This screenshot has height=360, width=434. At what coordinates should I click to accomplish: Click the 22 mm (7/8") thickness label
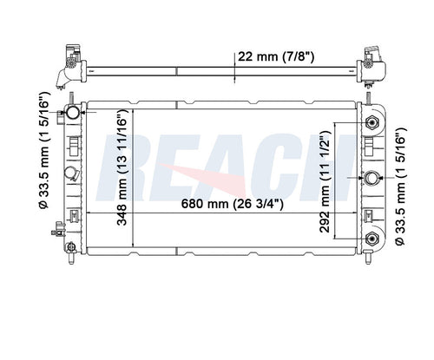[275, 56]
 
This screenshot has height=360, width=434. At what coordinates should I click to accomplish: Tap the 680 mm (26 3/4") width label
[233, 204]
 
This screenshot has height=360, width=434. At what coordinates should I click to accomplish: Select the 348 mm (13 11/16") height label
[122, 167]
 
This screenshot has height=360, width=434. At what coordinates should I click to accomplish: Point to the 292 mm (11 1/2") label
[325, 181]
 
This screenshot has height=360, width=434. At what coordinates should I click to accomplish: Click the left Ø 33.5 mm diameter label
[44, 150]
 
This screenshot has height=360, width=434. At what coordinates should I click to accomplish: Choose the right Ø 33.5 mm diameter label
[401, 187]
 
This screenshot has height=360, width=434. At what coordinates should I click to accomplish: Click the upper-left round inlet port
[73, 112]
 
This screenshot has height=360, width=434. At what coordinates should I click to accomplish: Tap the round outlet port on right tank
[372, 178]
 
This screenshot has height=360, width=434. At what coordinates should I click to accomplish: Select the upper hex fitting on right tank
[372, 123]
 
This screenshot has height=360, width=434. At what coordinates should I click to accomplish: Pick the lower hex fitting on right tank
[372, 239]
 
